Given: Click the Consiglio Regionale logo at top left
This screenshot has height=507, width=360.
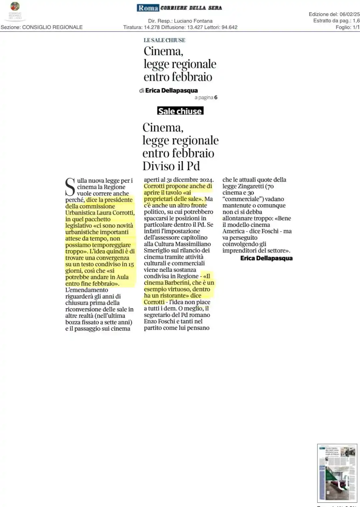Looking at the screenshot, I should [15, 11].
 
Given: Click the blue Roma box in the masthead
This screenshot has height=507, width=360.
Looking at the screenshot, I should [148, 8].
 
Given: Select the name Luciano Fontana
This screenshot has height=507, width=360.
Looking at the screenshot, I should [193, 21].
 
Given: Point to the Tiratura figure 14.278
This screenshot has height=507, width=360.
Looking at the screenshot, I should [152, 27].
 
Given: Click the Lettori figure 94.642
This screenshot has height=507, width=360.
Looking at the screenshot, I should [229, 27].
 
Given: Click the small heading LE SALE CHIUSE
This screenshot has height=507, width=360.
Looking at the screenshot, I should [164, 40].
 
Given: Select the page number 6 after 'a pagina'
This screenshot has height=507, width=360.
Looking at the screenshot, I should [216, 97].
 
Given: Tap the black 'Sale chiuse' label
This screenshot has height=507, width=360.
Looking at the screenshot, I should [180, 111].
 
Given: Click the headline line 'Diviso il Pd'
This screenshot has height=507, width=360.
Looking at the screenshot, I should [171, 166].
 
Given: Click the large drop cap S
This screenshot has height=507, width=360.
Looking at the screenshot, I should [70, 187].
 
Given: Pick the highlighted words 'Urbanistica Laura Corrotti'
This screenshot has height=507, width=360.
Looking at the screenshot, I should [100, 213].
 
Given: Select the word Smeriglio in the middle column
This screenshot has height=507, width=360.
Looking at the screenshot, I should [158, 251].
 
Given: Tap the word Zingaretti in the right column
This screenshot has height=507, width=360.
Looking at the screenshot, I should [251, 187].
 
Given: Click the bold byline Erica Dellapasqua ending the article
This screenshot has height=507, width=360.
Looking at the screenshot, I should [266, 258].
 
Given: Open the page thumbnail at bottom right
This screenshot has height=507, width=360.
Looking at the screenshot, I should [337, 473].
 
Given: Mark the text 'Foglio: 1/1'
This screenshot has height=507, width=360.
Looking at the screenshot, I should [347, 27].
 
